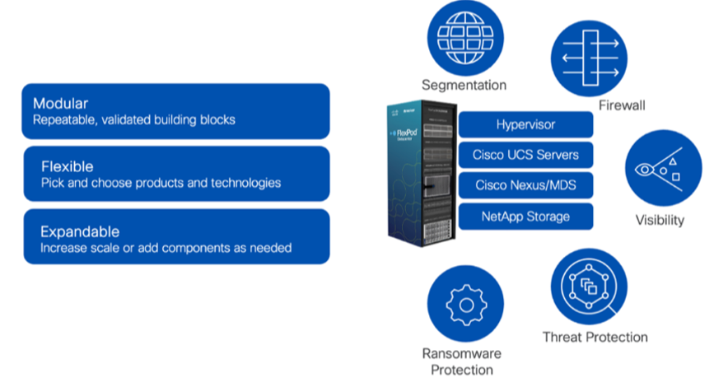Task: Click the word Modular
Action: [x=60, y=104]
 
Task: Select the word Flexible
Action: [x=67, y=166]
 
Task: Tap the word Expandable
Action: [x=79, y=231]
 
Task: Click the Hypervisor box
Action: [x=525, y=125]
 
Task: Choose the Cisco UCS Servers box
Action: [x=525, y=155]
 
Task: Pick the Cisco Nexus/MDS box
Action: [x=525, y=185]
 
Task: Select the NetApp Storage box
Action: [x=525, y=217]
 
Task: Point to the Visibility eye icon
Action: [x=664, y=168]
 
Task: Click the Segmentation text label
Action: [x=464, y=85]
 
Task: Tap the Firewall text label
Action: [x=621, y=105]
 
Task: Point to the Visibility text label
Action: [x=659, y=220]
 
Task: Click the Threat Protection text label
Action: [x=595, y=337]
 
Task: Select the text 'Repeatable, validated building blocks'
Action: [x=134, y=120]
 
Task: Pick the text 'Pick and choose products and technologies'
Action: [x=161, y=183]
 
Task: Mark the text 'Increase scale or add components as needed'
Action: [x=166, y=248]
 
